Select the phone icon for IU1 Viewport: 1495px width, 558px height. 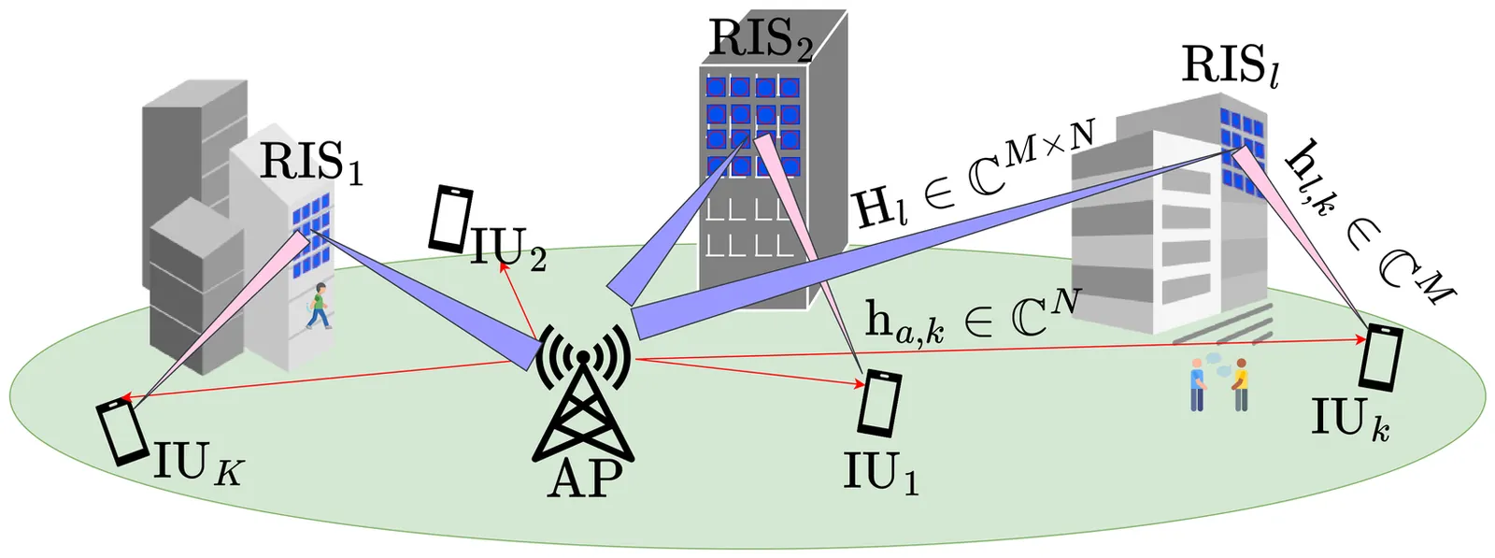(x=880, y=403)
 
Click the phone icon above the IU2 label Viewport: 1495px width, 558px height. (x=450, y=219)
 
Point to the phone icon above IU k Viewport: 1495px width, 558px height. (x=1380, y=356)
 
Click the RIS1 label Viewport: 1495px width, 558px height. (x=309, y=162)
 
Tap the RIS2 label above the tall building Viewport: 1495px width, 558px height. (x=761, y=39)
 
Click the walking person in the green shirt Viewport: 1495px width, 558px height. (x=320, y=305)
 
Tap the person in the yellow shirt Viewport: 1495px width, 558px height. (x=1240, y=384)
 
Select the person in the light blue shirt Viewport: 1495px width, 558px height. (x=1197, y=384)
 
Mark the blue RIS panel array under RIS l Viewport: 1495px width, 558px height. (x=1242, y=148)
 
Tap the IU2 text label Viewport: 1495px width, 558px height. (x=508, y=249)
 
